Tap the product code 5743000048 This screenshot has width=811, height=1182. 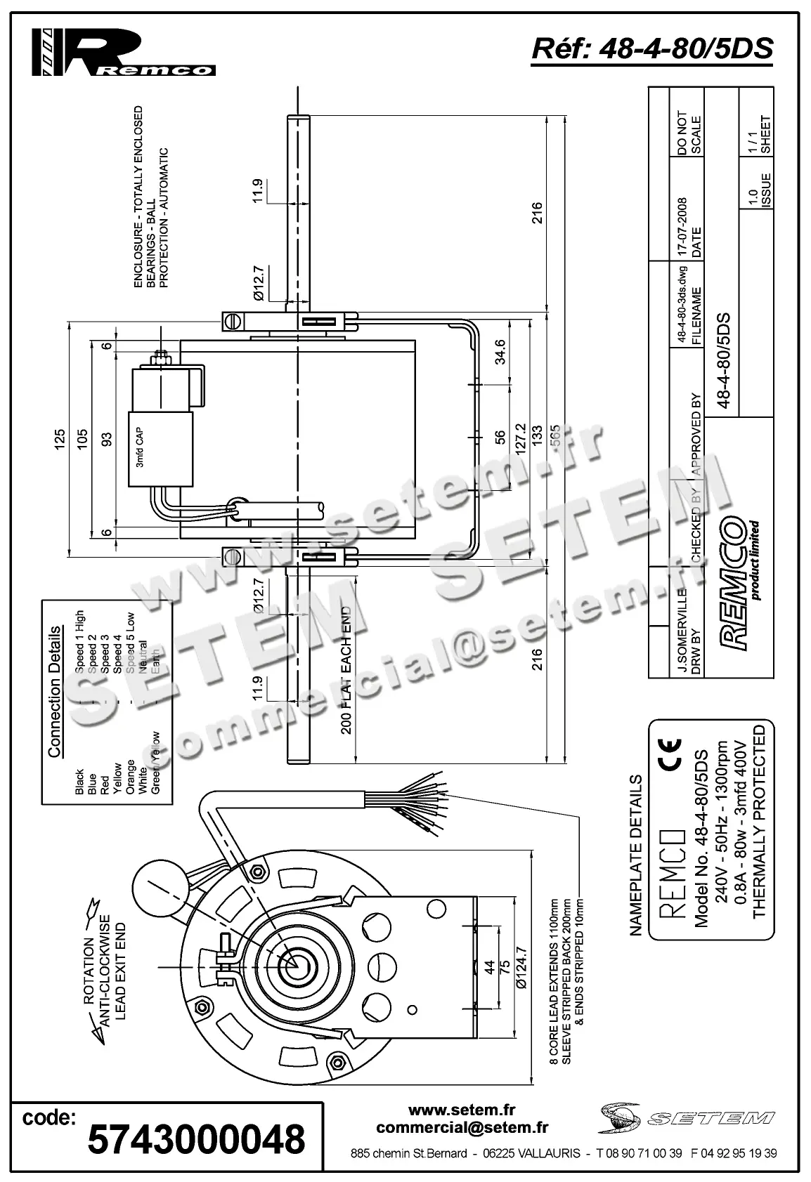click(197, 1138)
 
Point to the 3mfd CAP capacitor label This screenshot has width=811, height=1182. click(140, 450)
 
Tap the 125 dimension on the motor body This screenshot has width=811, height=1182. click(60, 439)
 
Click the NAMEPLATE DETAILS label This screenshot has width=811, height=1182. click(635, 855)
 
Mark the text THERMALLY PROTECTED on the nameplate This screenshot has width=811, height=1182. click(758, 822)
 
